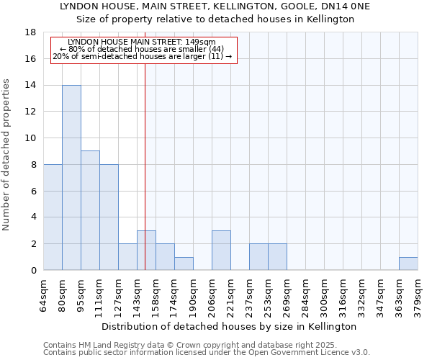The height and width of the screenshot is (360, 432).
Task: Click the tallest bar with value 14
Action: pos(71,178)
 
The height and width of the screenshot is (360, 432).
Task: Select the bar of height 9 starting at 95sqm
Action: pos(90,210)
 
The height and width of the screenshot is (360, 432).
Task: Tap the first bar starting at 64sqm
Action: pos(53,217)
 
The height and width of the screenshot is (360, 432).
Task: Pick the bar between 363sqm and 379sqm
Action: pos(408,264)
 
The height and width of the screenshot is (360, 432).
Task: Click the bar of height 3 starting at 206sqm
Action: pos(221,251)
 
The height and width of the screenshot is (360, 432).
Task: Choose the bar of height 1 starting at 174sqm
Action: pos(184,264)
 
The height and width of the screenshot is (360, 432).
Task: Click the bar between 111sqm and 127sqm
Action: pos(109,217)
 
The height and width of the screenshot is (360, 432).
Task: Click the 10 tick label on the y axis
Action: pos(30,138)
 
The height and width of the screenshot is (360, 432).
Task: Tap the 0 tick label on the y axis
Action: pos(33,271)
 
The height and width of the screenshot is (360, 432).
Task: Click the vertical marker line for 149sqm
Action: pos(145,158)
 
